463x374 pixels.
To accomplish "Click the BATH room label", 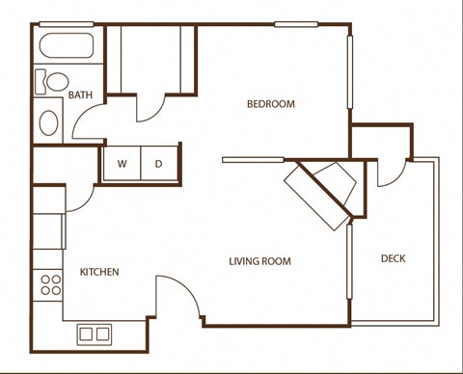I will pos(80,94).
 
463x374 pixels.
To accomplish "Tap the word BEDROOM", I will pos(270,104).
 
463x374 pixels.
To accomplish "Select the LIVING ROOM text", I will pos(259,261).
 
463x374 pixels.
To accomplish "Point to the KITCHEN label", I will pos(99,273).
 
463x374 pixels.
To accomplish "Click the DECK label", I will pos(393,257).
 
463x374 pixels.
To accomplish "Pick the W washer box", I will pos(123,164).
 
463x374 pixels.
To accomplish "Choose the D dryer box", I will pos(159,164).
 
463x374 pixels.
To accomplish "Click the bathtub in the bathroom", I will pos(64,44).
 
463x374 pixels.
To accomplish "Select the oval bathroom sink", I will pos(49,123).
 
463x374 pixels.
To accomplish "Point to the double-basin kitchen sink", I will pos(94,334).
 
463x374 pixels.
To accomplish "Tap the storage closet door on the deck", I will pos(391,174).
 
